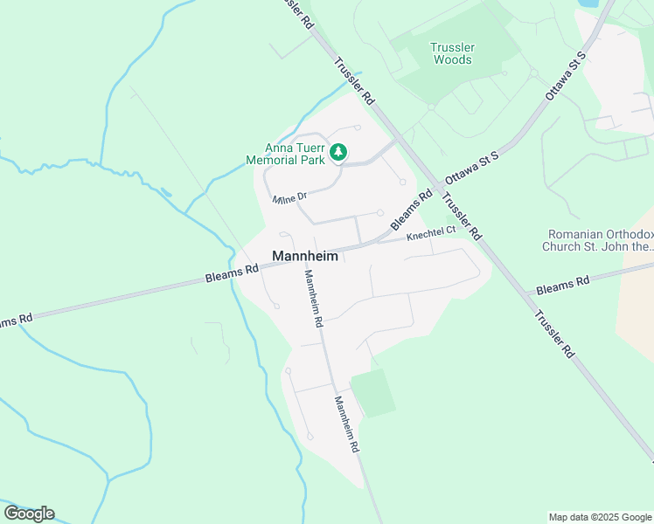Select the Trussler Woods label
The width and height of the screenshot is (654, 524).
click(452, 53)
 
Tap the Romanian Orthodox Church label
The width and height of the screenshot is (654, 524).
click(600, 240)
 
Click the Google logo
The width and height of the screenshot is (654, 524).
click(29, 514)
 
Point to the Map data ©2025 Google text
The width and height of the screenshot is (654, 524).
click(600, 517)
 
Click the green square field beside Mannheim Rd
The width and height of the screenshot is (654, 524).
click(372, 392)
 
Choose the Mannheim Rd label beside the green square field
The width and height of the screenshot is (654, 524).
click(345, 423)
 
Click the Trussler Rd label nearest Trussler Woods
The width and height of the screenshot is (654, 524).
click(355, 81)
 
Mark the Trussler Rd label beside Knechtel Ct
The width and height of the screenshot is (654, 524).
click(463, 217)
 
